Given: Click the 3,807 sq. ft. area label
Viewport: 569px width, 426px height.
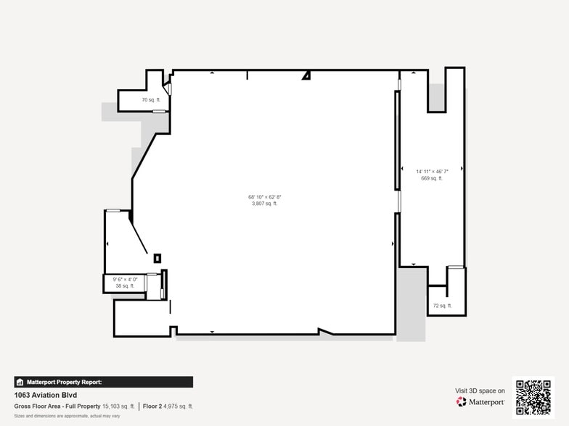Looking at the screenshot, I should [x=264, y=204].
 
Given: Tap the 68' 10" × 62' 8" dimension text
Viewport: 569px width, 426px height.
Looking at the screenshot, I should [x=264, y=197].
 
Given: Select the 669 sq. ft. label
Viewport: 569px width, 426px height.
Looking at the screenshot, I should [x=432, y=178].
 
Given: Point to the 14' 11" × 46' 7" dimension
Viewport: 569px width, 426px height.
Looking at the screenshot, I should [x=432, y=172].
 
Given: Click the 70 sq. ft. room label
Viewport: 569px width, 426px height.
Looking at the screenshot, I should [x=150, y=100].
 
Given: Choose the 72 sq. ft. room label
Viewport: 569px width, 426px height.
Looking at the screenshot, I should [x=442, y=306].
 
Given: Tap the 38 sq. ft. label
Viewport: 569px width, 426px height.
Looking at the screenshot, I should [x=125, y=286].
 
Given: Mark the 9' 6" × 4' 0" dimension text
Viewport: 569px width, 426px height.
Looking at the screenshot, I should [x=125, y=280].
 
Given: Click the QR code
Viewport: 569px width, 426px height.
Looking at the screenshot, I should [x=533, y=397].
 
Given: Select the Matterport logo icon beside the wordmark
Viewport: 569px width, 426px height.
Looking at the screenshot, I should [x=461, y=402].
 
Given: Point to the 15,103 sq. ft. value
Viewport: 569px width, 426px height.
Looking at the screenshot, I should [x=119, y=406].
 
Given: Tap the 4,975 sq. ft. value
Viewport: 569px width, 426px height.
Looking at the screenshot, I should [x=178, y=406].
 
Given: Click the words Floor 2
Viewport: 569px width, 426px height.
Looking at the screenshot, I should [x=151, y=406].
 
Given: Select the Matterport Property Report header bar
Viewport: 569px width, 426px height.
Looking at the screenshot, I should [x=103, y=382].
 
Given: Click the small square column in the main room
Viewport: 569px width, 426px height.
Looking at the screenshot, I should [x=157, y=257].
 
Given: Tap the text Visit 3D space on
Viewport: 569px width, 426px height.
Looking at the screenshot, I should [x=480, y=390].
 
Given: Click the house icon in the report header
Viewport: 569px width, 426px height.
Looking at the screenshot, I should [x=20, y=382].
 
